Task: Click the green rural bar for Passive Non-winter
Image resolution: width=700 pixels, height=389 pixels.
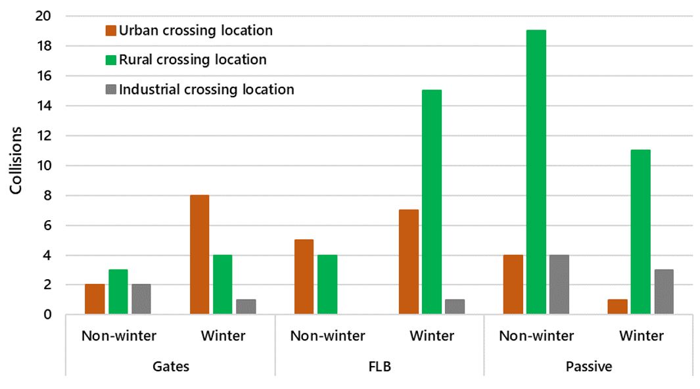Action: [x=536, y=172]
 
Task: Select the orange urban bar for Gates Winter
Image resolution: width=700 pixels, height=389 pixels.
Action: [x=199, y=255]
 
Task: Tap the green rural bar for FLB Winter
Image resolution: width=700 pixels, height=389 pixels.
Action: [x=431, y=202]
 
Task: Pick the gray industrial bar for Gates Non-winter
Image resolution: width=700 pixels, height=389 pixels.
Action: [x=141, y=300]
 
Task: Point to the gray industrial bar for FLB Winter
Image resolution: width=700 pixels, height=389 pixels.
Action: [x=455, y=307]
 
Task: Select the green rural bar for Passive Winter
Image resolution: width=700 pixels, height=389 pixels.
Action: [x=640, y=232]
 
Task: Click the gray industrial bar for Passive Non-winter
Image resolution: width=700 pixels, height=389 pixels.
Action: [x=559, y=285]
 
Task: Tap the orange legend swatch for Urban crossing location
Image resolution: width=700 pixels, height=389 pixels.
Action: [x=111, y=30]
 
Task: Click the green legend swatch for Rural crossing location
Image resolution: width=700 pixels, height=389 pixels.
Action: [x=111, y=60]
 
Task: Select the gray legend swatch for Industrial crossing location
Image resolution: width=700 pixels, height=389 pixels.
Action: [x=111, y=89]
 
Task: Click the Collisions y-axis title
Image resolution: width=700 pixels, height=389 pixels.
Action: [x=16, y=160]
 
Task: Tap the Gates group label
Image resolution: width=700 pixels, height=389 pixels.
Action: [x=170, y=367]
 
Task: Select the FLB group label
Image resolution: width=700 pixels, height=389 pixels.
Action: [x=379, y=367]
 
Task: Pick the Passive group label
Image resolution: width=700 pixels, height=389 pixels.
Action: [x=588, y=367]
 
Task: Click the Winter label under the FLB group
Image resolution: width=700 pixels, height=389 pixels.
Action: [x=432, y=336]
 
